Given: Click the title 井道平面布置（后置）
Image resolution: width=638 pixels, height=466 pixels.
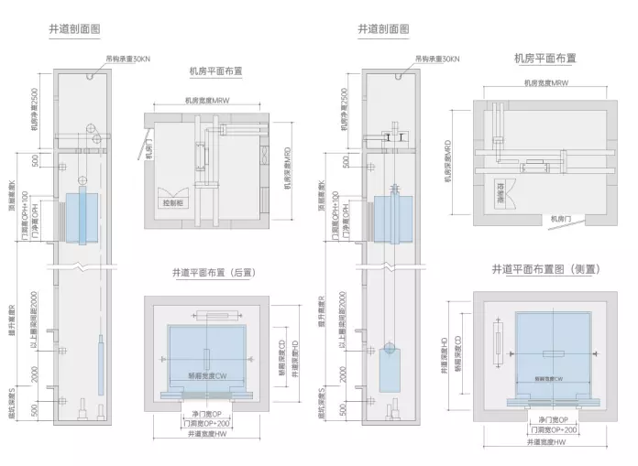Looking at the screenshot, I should [x=212, y=273].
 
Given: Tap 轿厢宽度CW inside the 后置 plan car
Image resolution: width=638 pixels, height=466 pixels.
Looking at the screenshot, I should [x=206, y=375].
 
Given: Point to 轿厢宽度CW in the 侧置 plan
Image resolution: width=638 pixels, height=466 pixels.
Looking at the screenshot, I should [x=546, y=378].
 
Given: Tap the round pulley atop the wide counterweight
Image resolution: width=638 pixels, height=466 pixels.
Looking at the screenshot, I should [x=390, y=347].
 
